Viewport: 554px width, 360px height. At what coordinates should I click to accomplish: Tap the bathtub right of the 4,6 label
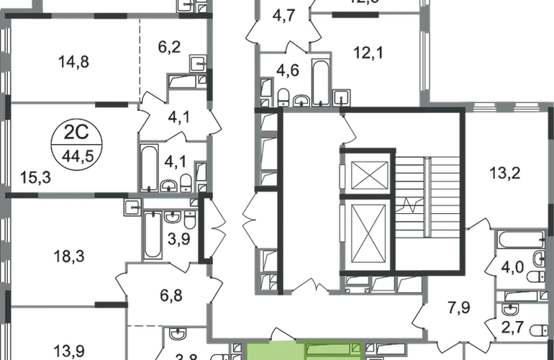[x=317, y=78]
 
